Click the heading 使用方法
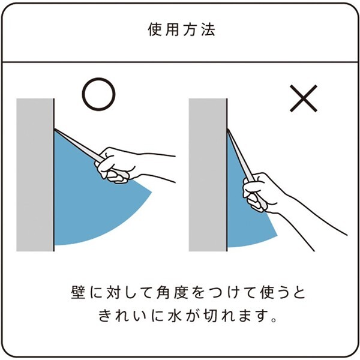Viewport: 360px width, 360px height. pos(181,29)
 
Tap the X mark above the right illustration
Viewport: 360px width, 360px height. pos(304,98)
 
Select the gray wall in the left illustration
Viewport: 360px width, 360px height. pos(35,175)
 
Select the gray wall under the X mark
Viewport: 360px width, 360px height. pos(208,175)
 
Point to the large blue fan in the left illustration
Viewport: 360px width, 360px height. pos(87,206)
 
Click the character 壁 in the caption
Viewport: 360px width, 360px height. pos(78,292)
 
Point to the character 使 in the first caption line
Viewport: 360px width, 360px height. pos(267,292)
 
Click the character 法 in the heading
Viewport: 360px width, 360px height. pos(208,29)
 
